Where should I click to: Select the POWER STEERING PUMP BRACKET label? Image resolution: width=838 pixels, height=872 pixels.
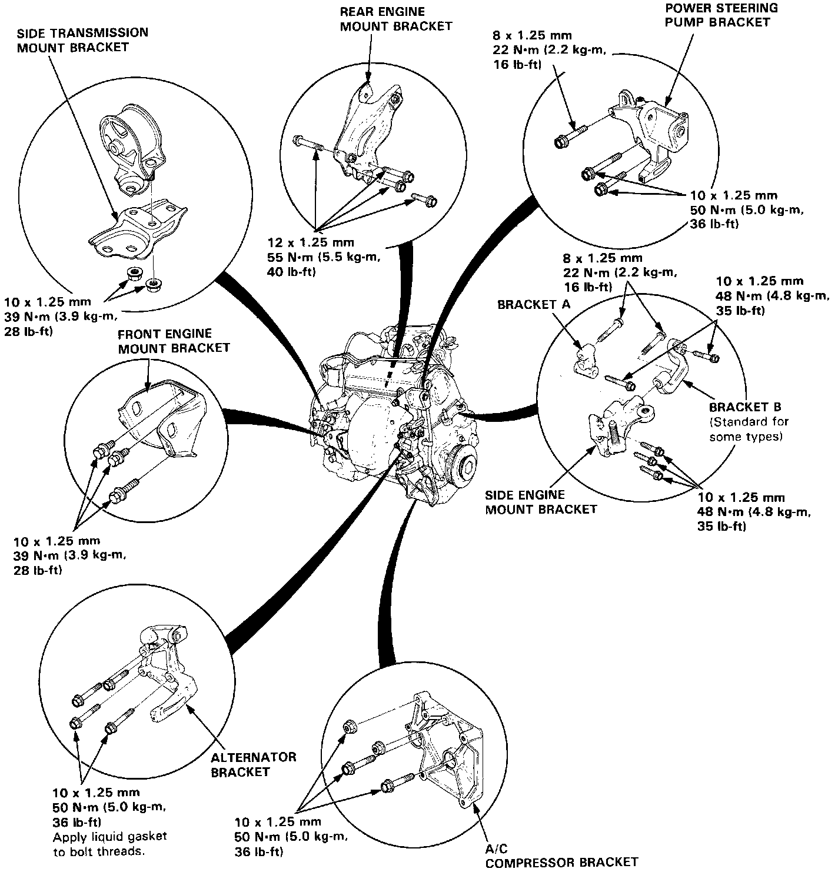(x=721, y=15)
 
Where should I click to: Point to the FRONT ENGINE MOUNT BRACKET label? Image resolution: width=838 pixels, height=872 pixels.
(x=173, y=341)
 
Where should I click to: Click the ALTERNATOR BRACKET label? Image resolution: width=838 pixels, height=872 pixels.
(x=253, y=764)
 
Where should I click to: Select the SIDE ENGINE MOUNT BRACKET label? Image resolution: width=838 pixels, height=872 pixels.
(x=540, y=502)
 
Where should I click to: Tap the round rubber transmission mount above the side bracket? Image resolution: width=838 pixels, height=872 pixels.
(x=129, y=145)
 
